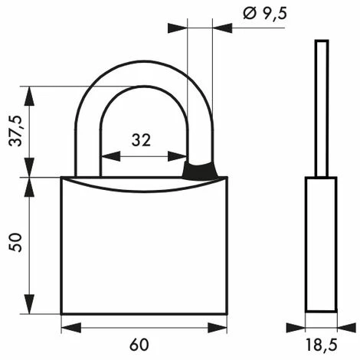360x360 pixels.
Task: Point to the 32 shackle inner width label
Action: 140,139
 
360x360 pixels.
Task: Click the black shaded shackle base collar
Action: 201,171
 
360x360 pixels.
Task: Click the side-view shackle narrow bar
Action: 322,107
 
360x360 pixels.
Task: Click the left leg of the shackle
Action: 87,146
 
